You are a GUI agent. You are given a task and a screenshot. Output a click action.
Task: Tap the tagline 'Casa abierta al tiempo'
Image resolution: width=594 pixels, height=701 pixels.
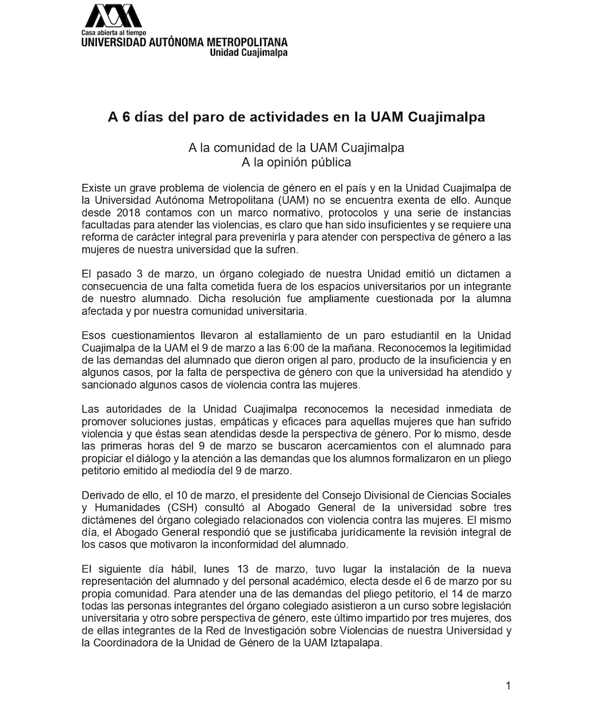click(x=114, y=32)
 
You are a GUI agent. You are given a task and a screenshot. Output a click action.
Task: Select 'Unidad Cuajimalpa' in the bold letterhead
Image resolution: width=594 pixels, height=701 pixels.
click(x=248, y=53)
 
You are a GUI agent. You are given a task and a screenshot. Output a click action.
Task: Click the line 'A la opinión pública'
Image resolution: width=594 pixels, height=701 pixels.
click(x=296, y=161)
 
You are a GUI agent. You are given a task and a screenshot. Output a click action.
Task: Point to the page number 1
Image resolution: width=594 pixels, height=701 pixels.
click(x=508, y=685)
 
